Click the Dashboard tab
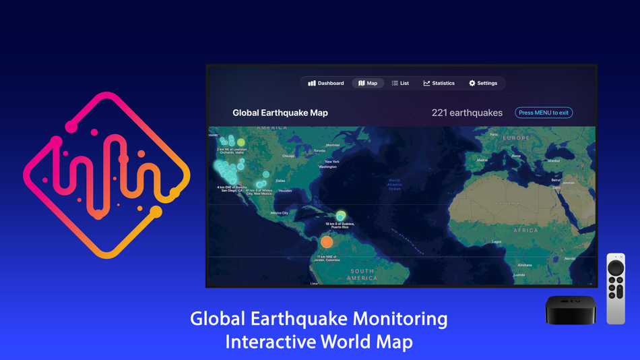pos(326,83)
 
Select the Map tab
pos(368,83)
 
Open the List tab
pos(400,83)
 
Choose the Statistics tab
pos(439,83)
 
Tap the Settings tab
pos(483,83)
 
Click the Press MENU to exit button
pos(544,113)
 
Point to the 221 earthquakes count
pos(467,113)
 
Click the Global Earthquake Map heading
pos(280,113)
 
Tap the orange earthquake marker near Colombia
pos(327,241)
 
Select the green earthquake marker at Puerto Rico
pos(341,216)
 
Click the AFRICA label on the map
pos(525,231)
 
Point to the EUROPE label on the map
pos(516,138)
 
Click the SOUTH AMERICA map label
pos(362,274)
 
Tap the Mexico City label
pos(280,213)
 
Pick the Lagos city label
pos(497,241)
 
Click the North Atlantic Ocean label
pos(395,184)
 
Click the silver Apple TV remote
pos(616,289)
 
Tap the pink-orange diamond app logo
pos(106,175)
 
